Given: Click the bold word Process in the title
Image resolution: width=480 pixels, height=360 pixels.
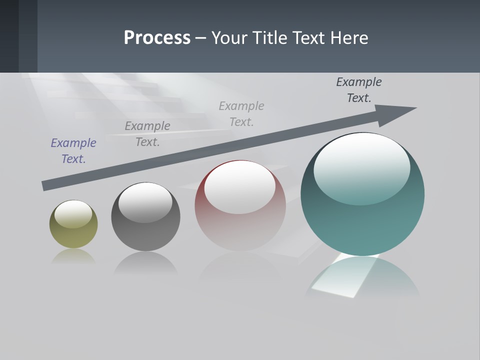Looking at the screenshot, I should tap(157, 38).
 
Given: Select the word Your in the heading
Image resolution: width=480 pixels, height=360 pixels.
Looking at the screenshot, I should tap(230, 38).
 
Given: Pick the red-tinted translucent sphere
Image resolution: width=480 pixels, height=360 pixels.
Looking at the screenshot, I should tap(240, 220).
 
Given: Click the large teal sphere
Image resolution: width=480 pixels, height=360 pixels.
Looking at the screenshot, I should tap(362, 220).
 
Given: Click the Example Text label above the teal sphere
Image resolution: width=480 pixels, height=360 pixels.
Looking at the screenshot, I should tap(359, 90).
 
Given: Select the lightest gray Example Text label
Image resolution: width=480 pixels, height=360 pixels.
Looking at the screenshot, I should tap(241, 114).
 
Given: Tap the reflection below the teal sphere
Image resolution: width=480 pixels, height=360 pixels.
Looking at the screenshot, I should tap(362, 277).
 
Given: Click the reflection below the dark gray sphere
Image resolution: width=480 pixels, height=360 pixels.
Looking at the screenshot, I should tap(145, 262).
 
